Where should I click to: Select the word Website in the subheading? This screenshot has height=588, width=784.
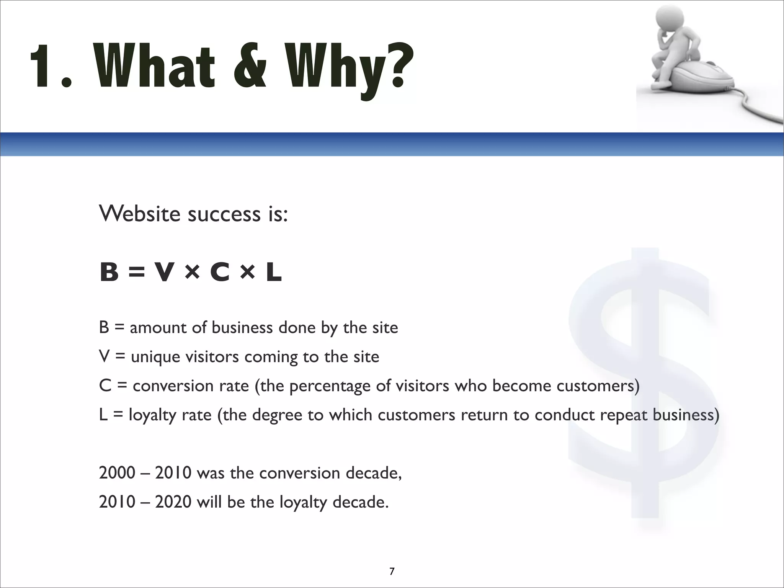(139, 214)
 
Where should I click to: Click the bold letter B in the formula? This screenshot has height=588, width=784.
(109, 273)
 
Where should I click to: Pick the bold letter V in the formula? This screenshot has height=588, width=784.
(164, 273)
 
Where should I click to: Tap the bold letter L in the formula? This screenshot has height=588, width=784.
(274, 273)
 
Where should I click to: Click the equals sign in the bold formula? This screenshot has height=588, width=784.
(137, 273)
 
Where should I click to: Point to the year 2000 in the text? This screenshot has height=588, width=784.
(117, 473)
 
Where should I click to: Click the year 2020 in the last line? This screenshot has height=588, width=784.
(173, 502)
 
